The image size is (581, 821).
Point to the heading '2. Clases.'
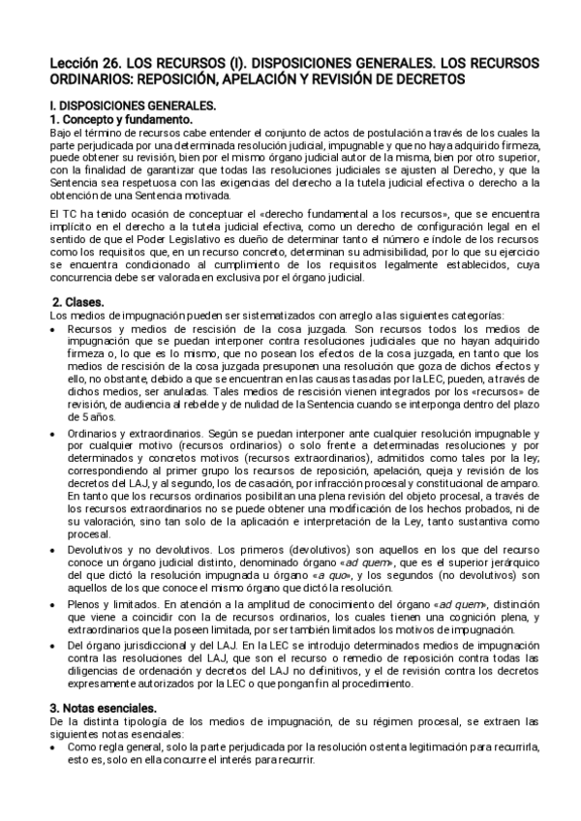coord(76,302)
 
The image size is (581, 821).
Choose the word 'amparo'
coord(504,482)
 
